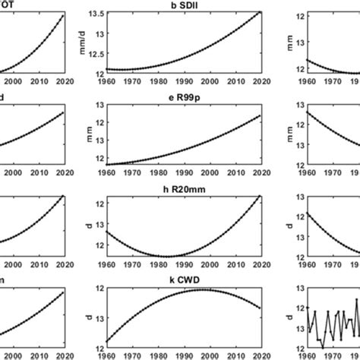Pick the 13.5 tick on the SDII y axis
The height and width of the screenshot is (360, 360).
(96, 14)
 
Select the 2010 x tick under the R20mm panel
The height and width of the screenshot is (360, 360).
(235, 266)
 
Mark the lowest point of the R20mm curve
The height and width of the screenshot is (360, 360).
(166, 256)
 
